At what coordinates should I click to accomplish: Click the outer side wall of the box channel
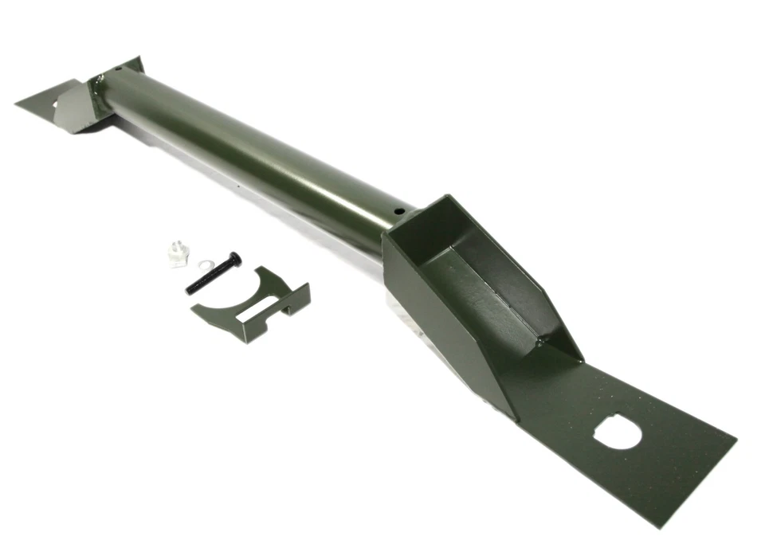(446, 335)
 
